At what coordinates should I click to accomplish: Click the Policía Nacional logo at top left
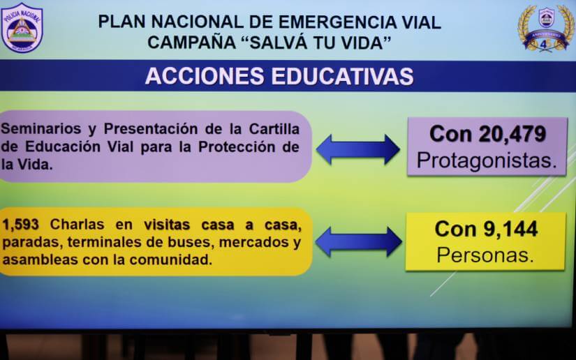click(22, 27)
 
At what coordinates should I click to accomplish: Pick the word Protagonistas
click(487, 161)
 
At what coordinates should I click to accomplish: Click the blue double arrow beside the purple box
click(357, 149)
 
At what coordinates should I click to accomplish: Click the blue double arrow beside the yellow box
click(358, 241)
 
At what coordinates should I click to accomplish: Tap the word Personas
click(485, 255)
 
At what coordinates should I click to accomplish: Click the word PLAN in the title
click(123, 22)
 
